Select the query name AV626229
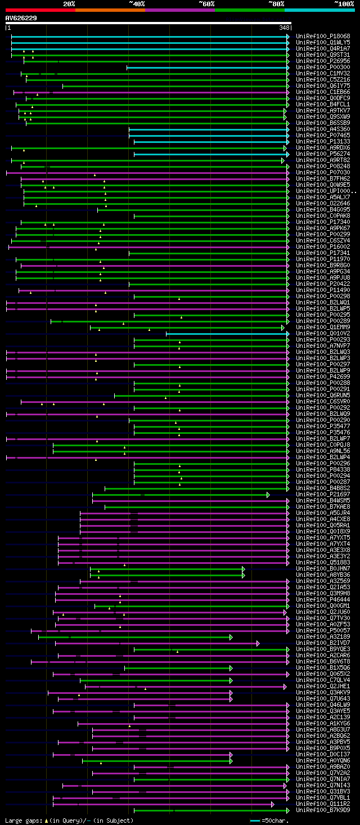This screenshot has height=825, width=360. (x=21, y=18)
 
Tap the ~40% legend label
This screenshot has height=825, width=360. (x=137, y=3)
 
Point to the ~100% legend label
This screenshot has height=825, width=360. (x=344, y=3)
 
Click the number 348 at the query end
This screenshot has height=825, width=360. (x=284, y=28)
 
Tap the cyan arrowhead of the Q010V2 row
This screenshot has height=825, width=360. (x=287, y=334)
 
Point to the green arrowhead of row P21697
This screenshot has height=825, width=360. (x=268, y=495)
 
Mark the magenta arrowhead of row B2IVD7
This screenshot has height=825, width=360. (x=258, y=643)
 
